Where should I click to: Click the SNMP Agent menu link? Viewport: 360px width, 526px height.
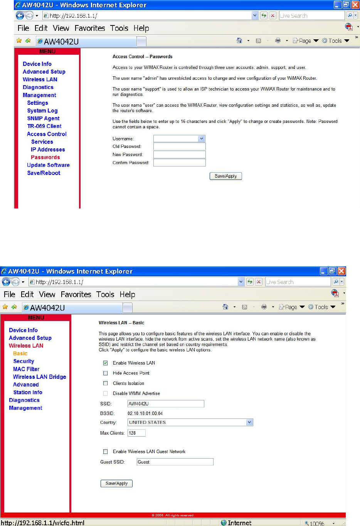pos(43,118)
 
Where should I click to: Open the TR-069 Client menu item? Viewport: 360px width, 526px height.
pos(44,126)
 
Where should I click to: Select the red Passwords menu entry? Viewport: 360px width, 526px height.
pos(45,157)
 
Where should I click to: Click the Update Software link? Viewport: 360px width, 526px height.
pos(48,165)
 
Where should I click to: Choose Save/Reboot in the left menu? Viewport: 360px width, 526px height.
pos(44,173)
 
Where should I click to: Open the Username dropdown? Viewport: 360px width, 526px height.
pos(179,138)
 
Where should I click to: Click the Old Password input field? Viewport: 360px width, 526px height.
pos(179,146)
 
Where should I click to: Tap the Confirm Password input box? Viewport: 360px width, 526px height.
pos(179,163)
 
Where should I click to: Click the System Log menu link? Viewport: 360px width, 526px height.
pos(42,111)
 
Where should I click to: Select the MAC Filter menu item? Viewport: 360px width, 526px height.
pos(26,369)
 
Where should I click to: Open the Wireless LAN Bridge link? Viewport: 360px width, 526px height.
pos(39,377)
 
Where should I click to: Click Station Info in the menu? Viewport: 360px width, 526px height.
pos(28,392)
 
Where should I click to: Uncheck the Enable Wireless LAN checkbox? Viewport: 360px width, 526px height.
pos(105,363)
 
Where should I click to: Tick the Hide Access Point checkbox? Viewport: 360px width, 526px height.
pos(105,373)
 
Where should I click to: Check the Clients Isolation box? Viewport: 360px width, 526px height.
pos(105,383)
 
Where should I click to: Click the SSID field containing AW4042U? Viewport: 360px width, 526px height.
pos(166,404)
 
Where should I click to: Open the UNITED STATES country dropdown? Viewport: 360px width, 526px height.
pos(190,422)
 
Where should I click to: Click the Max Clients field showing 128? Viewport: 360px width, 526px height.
pos(136,433)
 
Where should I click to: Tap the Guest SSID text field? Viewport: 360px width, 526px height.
pos(175,462)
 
